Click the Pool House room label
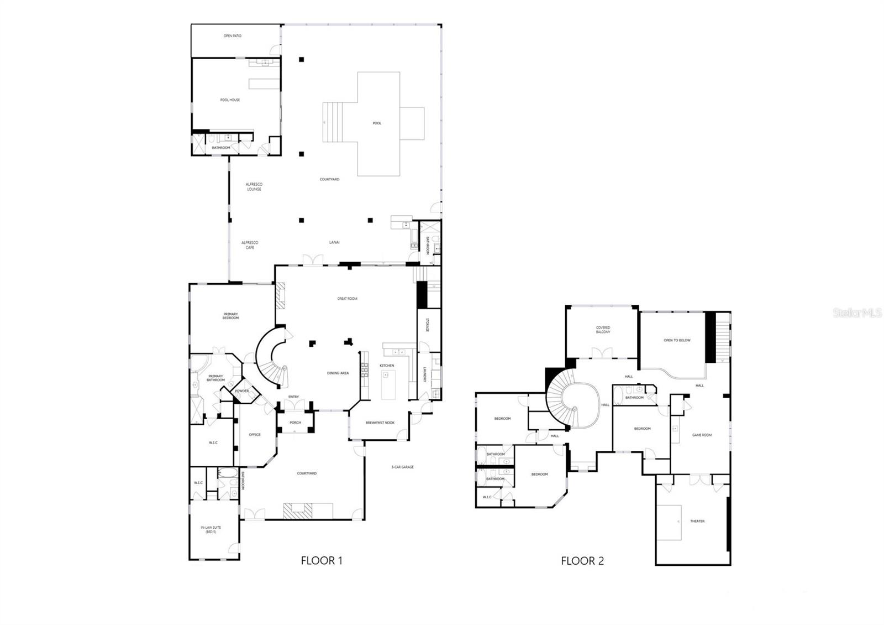tap(230, 100)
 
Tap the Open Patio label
tap(232, 36)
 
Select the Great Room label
tap(347, 299)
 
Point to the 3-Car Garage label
tap(402, 467)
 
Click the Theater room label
tap(697, 521)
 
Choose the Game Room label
tap(702, 435)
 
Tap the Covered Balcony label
tap(603, 330)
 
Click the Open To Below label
tap(677, 340)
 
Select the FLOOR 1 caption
tap(322, 560)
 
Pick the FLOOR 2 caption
tap(582, 561)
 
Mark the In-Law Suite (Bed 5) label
tap(211, 529)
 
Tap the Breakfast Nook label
tap(380, 423)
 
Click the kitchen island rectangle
tap(389, 385)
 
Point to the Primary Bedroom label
tap(230, 316)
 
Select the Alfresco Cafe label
tap(250, 245)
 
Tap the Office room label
tap(254, 435)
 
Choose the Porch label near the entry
tap(295, 423)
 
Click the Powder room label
tap(241, 391)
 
